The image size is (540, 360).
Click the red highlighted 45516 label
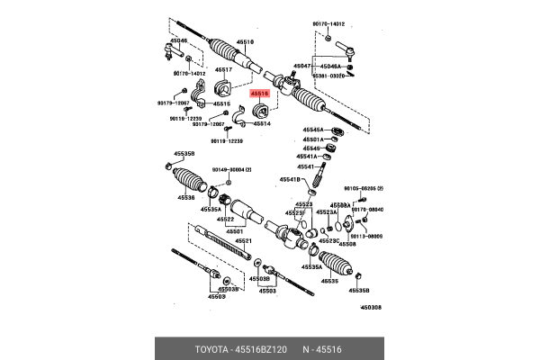pyautogui.click(x=260, y=93)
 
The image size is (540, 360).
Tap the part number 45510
pyautogui.click(x=245, y=41)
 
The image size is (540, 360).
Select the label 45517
pyautogui.click(x=223, y=70)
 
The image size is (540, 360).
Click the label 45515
pyautogui.click(x=221, y=103)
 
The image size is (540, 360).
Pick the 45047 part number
pyautogui.click(x=303, y=66)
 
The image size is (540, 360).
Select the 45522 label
pyautogui.click(x=225, y=219)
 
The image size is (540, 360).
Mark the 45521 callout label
pyautogui.click(x=244, y=241)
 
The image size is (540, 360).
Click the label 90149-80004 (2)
pyautogui.click(x=232, y=170)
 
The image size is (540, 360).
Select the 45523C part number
pyautogui.click(x=329, y=240)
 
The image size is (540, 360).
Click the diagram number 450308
pyautogui.click(x=371, y=308)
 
